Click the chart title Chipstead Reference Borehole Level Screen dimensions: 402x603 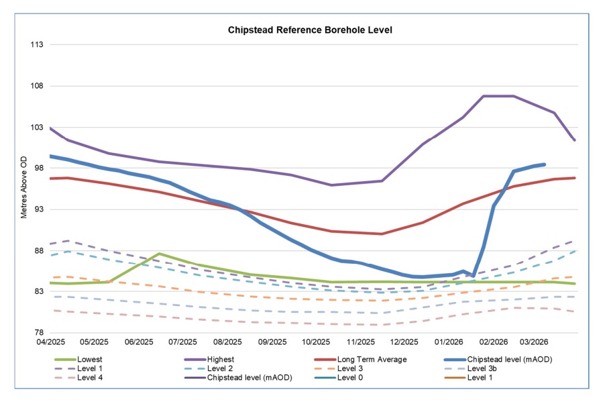tap(309, 30)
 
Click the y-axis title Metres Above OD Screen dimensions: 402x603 tap(24, 188)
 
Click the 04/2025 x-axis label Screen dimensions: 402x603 tap(50, 342)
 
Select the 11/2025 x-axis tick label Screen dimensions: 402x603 tap(360, 342)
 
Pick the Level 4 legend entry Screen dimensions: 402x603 tap(90, 378)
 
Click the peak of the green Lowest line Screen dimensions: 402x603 tap(158, 254)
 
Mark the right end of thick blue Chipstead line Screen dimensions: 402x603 tap(544, 164)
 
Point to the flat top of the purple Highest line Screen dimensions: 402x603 tap(498, 96)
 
